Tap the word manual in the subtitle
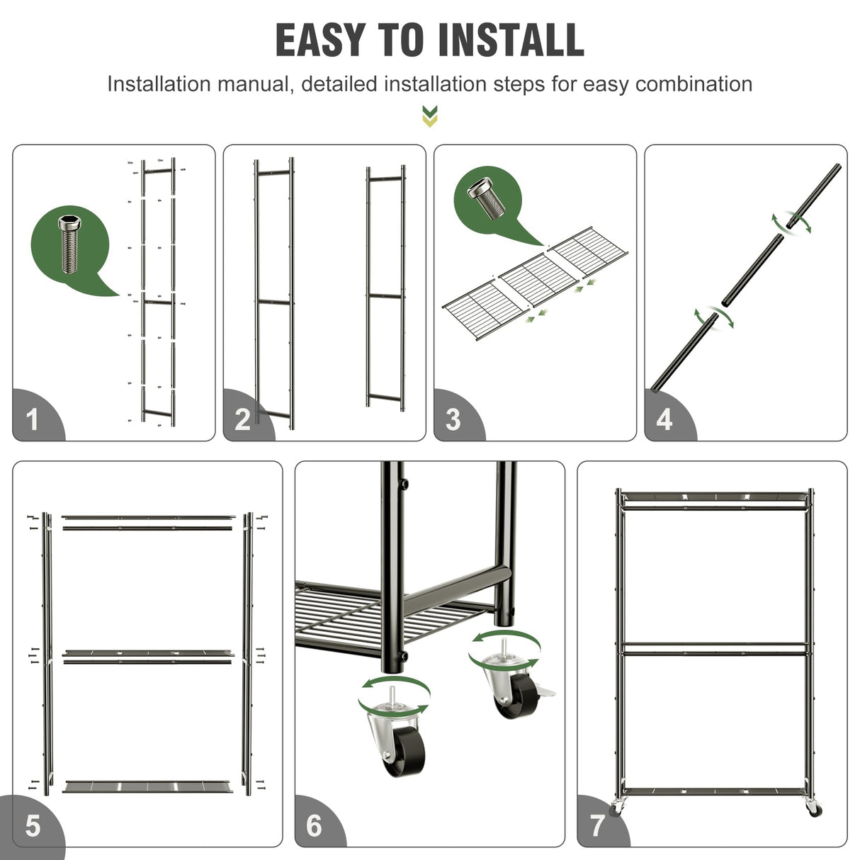[255, 84]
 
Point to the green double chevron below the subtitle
[429, 116]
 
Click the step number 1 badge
[33, 419]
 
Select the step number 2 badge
[243, 419]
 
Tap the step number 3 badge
[453, 419]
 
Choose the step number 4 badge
[664, 419]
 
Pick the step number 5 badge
[33, 826]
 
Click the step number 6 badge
[315, 826]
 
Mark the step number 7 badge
[597, 826]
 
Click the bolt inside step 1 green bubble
[69, 244]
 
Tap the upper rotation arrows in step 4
[792, 222]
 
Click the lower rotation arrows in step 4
[713, 318]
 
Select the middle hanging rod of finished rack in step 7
[714, 645]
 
